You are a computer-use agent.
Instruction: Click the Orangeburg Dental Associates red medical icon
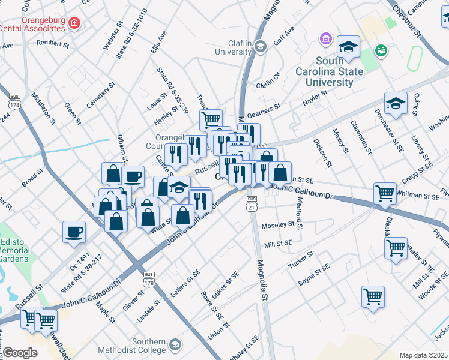click(x=74, y=23)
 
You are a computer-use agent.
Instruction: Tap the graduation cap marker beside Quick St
click(x=396, y=104)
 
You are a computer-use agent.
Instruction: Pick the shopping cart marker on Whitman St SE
click(x=384, y=194)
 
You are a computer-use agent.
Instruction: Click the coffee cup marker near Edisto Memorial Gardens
click(x=74, y=232)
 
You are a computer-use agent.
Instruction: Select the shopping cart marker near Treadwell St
click(x=211, y=120)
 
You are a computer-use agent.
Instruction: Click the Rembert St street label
click(x=53, y=44)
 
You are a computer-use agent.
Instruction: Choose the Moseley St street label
click(x=281, y=225)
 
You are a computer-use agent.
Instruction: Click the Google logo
click(x=19, y=352)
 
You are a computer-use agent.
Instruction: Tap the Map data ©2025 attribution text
click(x=423, y=355)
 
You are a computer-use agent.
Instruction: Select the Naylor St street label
click(x=315, y=98)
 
